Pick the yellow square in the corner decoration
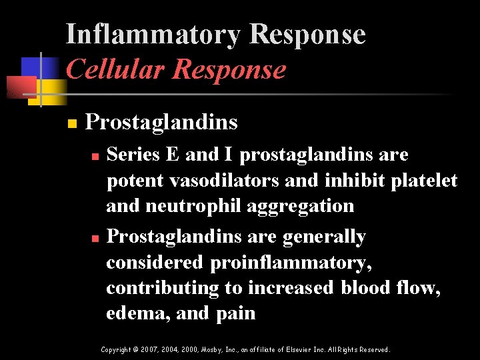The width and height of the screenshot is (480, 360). [x=55, y=87]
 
